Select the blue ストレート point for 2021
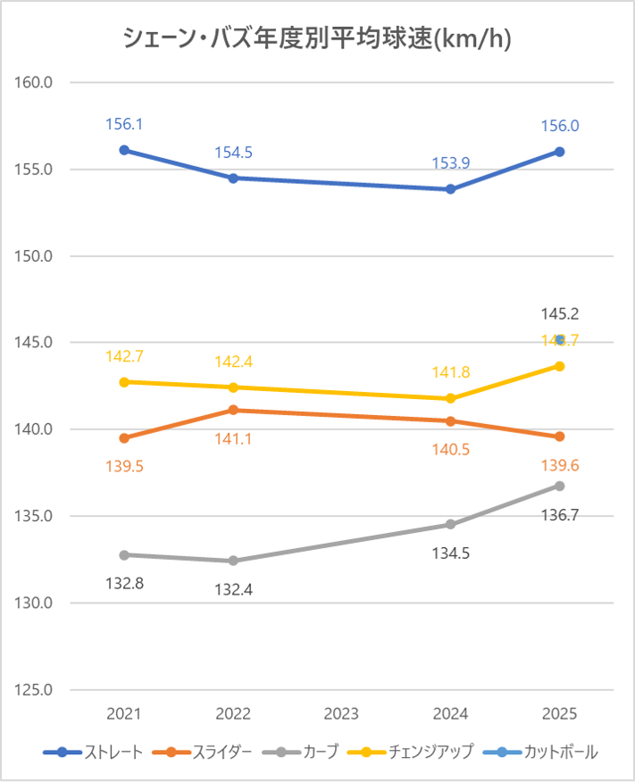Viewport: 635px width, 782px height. [x=124, y=150]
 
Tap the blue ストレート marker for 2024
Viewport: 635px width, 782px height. [x=451, y=189]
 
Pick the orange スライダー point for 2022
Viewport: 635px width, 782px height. [x=233, y=410]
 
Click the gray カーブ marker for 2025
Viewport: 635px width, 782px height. [x=560, y=486]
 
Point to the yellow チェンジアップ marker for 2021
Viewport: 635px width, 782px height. [x=124, y=382]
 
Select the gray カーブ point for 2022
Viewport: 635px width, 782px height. [x=233, y=561]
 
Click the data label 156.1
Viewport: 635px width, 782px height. [x=124, y=126]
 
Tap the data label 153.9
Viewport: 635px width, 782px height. [x=451, y=162]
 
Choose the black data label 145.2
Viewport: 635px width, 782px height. [x=560, y=313]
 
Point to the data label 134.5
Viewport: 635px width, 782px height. [x=451, y=553]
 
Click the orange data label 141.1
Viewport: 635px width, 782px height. [x=233, y=438]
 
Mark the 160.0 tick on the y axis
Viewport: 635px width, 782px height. [x=37, y=82]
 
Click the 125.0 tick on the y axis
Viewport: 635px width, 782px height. [x=37, y=690]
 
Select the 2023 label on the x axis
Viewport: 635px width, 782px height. [x=342, y=714]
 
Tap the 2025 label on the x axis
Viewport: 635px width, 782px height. [x=560, y=714]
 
